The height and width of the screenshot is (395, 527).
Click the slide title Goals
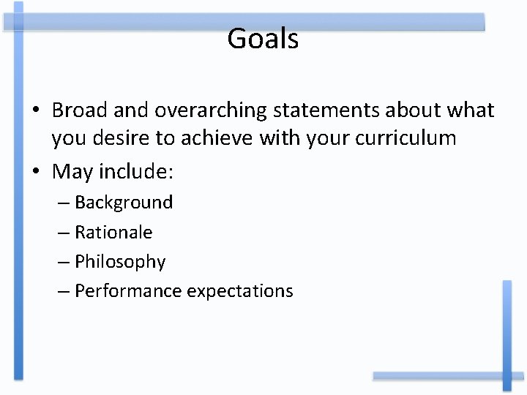pos(263,39)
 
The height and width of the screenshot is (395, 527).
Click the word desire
pos(124,138)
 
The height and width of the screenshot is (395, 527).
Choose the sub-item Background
pos(124,203)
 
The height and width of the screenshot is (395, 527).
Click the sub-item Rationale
pos(113,233)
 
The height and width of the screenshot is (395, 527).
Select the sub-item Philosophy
pos(120,262)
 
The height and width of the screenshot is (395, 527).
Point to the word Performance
pos(128,291)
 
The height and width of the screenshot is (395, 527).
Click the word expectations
pos(240,291)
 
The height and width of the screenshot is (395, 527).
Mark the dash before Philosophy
pos(64,262)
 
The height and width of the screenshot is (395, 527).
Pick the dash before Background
pos(64,203)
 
